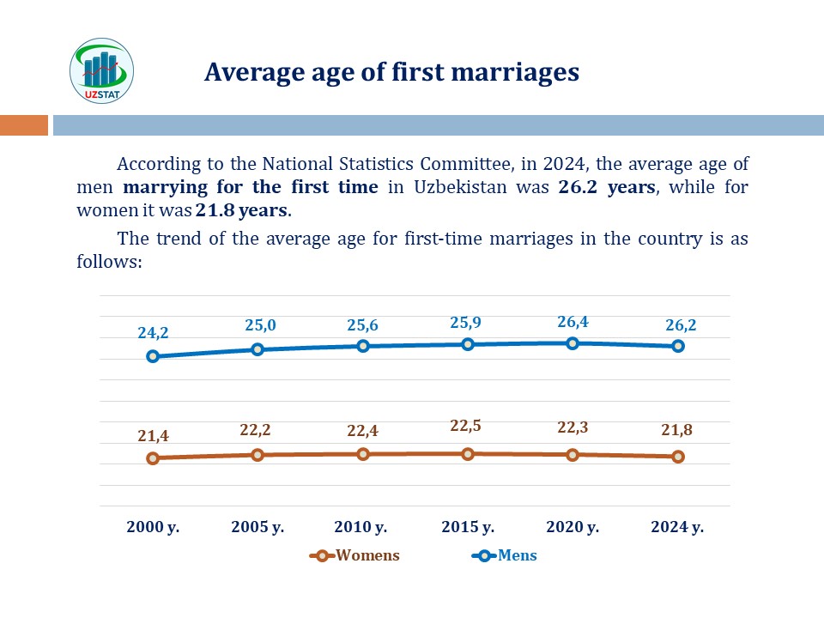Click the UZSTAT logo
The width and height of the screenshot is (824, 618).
101,70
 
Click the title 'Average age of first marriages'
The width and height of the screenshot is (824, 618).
391,72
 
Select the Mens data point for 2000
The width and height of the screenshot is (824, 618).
153,356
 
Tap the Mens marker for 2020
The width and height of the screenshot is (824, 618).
573,343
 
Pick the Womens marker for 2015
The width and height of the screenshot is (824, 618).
468,453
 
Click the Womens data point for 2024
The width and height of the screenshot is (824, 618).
678,457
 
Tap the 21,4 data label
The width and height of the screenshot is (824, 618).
153,436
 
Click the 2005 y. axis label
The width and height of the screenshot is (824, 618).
257,527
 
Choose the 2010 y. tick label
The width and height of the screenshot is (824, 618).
362,527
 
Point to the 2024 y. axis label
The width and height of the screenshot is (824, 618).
677,527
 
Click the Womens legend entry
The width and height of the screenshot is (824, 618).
356,555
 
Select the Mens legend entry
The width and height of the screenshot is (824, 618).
506,555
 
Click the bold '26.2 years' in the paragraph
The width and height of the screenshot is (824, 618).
608,187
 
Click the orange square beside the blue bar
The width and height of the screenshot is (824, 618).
23,125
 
